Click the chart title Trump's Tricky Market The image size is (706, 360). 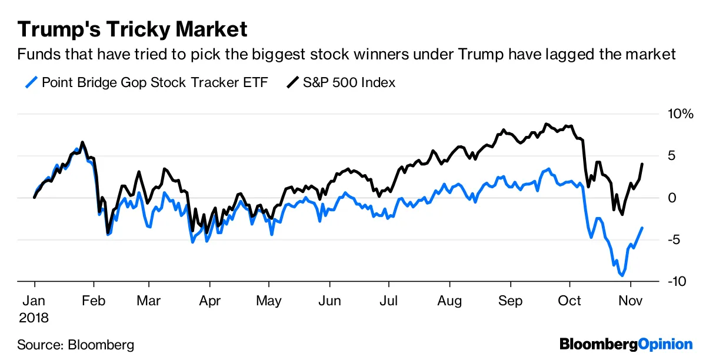click(133, 29)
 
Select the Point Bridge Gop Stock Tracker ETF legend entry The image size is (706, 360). click(154, 82)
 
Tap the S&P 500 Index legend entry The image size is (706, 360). click(348, 82)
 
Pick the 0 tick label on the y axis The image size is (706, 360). click(674, 198)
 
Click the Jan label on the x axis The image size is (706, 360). click(34, 301)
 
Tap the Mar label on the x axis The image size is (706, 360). click(149, 301)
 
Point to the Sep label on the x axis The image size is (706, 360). click(510, 301)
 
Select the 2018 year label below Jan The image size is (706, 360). click(34, 318)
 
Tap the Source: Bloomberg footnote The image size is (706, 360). click(75, 344)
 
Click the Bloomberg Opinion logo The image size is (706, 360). click(626, 344)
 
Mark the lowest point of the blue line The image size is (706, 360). click(622, 275)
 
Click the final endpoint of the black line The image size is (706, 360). click(642, 164)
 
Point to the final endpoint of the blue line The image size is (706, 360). click(642, 228)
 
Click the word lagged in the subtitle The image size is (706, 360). click(573, 55)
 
